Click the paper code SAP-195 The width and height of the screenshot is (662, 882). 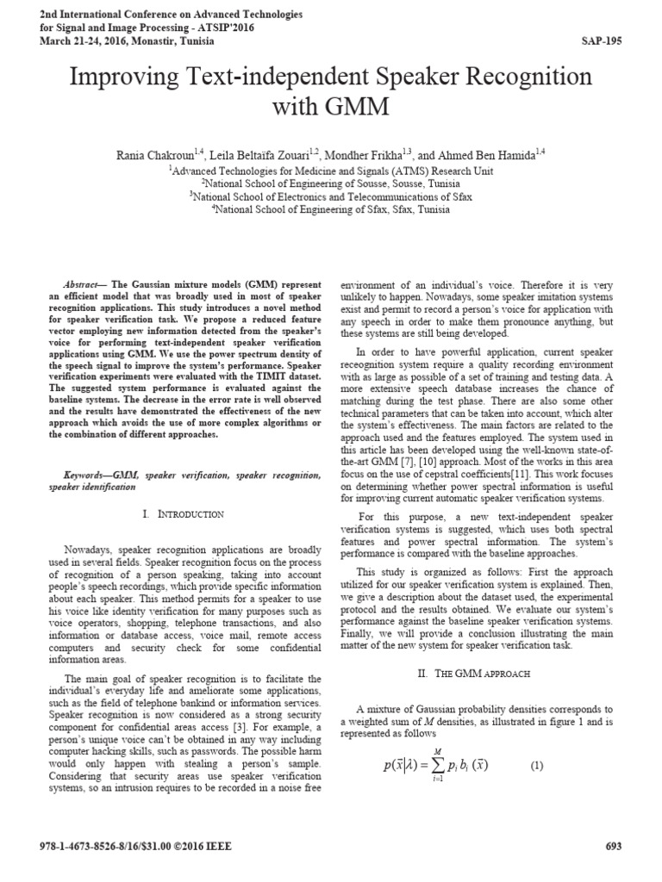[x=601, y=40]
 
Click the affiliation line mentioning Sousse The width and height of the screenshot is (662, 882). [x=332, y=183]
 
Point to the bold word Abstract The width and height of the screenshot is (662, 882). [x=83, y=284]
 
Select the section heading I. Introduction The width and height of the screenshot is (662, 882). [x=183, y=514]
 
